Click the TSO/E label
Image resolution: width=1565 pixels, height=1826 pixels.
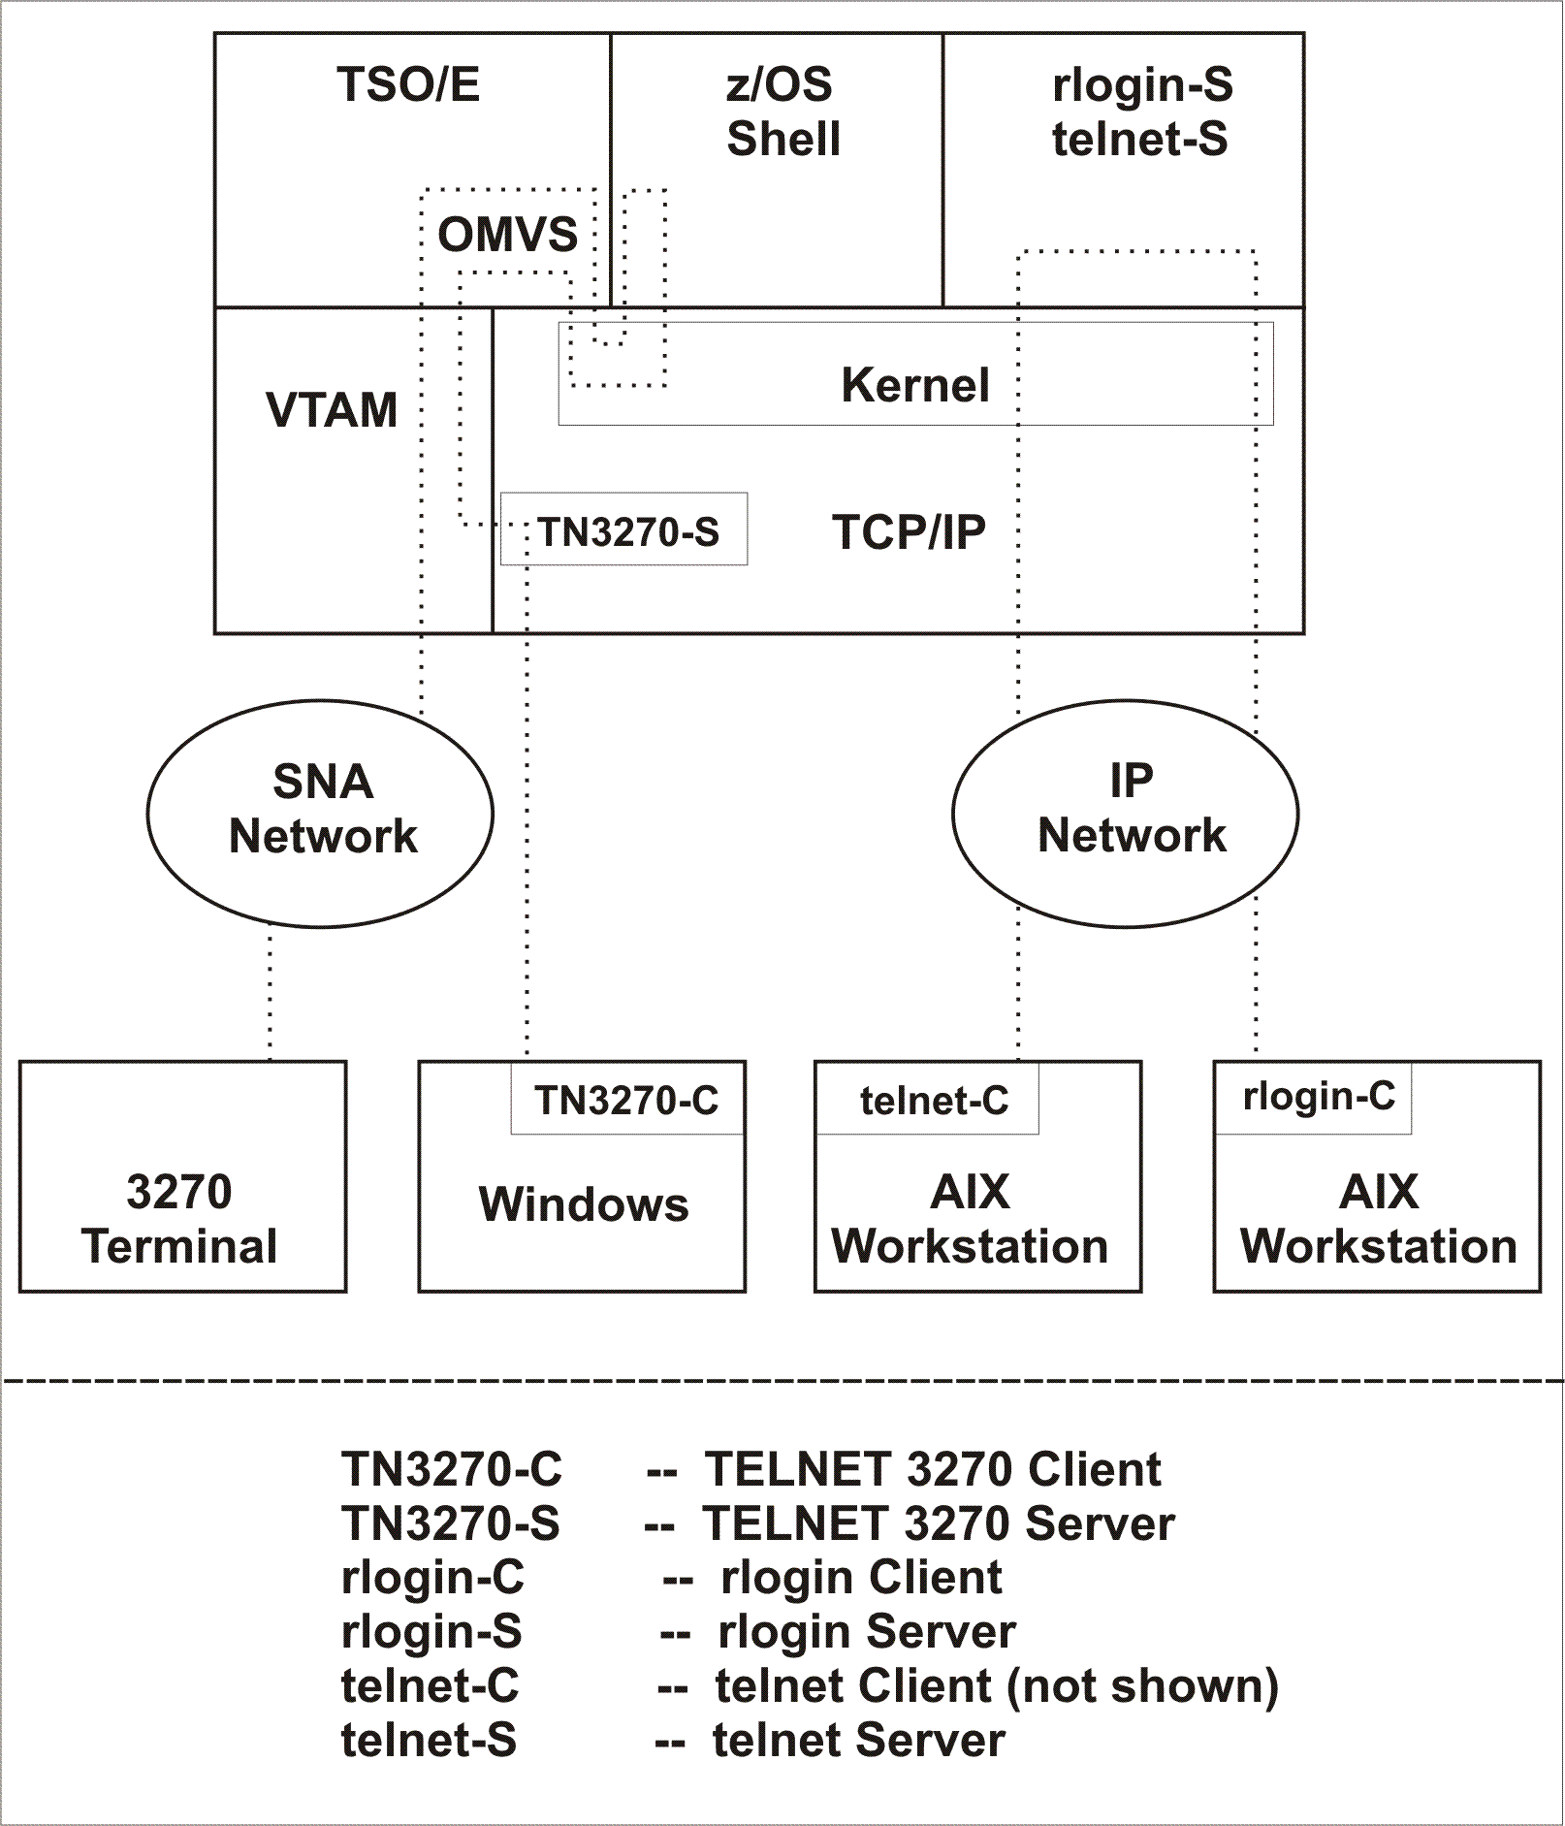pyautogui.click(x=408, y=85)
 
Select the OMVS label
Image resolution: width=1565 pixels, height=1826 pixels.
pyautogui.click(x=507, y=236)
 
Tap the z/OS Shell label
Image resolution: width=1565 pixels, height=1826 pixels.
pyautogui.click(x=782, y=112)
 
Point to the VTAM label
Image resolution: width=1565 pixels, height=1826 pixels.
pyautogui.click(x=332, y=410)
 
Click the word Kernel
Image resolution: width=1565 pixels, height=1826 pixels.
pyautogui.click(x=915, y=386)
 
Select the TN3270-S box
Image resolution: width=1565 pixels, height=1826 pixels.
pyautogui.click(x=624, y=530)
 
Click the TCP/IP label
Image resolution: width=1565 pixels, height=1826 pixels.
pyautogui.click(x=909, y=531)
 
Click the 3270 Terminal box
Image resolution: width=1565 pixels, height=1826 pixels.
pyautogui.click(x=182, y=1176)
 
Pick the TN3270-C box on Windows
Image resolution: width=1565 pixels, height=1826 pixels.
pyautogui.click(x=626, y=1100)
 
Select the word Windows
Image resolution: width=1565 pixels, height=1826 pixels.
pyautogui.click(x=583, y=1205)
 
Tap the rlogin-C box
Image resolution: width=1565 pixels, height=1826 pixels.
pyautogui.click(x=1317, y=1097)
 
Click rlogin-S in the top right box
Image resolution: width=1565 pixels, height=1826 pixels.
pyautogui.click(x=1142, y=85)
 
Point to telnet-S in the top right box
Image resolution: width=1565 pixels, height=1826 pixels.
pyautogui.click(x=1140, y=140)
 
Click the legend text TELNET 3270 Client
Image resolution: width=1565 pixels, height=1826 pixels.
pyautogui.click(x=932, y=1470)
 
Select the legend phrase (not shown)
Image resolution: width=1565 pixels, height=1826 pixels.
pyautogui.click(x=1142, y=1686)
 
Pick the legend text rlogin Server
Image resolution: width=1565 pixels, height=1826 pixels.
pyautogui.click(x=866, y=1632)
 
